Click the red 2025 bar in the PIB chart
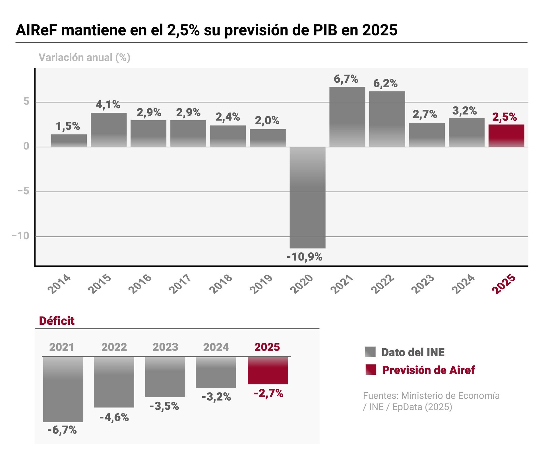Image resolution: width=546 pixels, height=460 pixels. (506, 136)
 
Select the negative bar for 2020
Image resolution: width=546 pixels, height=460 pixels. (307, 197)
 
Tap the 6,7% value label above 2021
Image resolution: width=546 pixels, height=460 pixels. (346, 79)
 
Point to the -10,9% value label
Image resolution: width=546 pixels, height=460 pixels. (304, 257)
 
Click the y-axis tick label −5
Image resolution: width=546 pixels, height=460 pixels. (24, 191)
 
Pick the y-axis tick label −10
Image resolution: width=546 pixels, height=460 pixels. (21, 236)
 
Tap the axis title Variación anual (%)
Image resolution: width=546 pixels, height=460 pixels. (84, 57)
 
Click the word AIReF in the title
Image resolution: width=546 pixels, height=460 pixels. (36, 30)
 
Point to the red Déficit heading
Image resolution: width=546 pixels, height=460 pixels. (57, 321)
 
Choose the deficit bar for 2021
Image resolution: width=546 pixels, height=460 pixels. (63, 389)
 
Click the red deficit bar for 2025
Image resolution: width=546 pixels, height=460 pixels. (268, 371)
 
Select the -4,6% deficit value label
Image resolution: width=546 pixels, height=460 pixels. (114, 417)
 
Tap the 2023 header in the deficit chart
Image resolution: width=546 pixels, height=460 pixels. (165, 347)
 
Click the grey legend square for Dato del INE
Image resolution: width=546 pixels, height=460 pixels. (370, 352)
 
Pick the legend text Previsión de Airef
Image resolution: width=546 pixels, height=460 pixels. (428, 370)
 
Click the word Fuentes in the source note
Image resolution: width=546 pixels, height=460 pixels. (380, 396)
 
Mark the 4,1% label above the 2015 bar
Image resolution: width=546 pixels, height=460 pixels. (108, 105)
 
